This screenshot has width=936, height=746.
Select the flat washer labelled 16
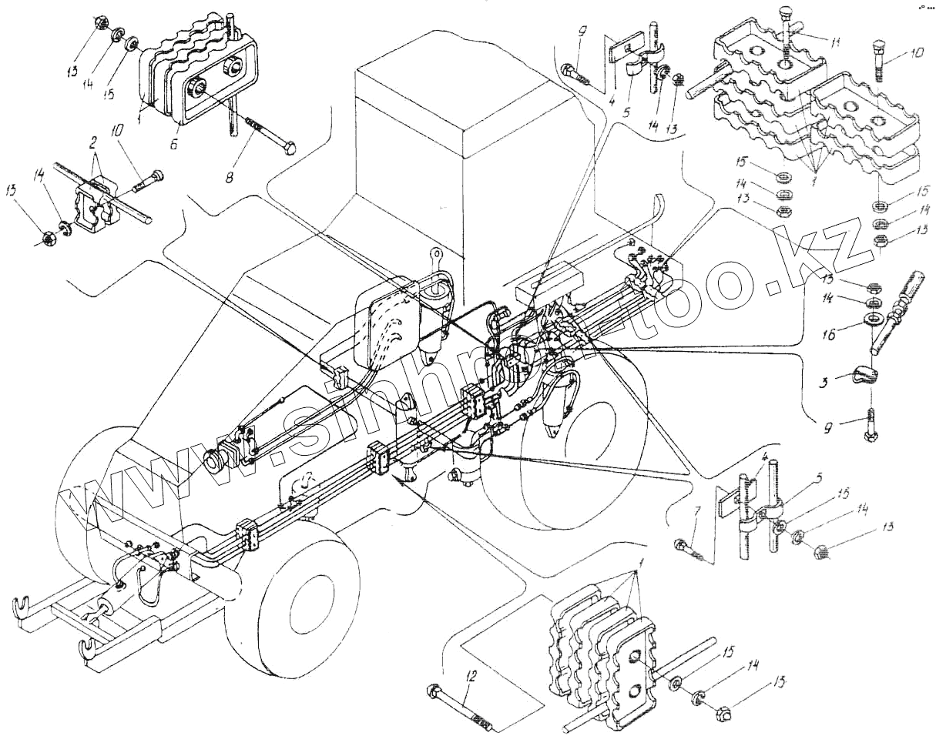coord(873,318)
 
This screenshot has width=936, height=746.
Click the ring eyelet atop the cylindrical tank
coord(436,252)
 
